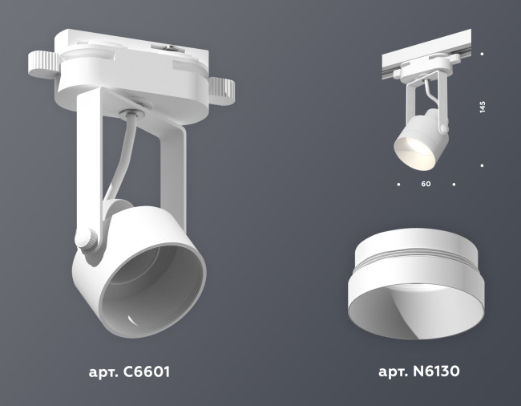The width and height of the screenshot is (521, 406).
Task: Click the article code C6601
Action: click(x=127, y=372)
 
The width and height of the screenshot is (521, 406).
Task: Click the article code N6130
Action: click(x=418, y=372)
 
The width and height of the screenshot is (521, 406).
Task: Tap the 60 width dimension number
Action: click(x=426, y=185)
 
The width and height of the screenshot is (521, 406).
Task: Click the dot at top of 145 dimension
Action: click(x=482, y=55)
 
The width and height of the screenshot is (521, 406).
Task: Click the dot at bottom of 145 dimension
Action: click(x=482, y=164)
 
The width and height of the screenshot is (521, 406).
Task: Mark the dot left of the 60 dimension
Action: click(x=398, y=185)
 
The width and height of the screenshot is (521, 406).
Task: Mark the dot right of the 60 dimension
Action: click(x=454, y=185)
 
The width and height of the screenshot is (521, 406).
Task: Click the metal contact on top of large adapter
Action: click(x=173, y=47)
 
